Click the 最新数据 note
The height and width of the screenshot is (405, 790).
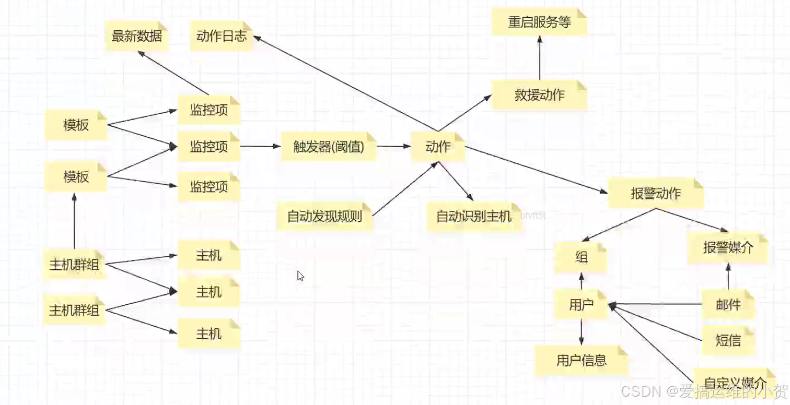137,36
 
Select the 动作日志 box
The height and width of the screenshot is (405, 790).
222,36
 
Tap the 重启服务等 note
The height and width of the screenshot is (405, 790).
539,22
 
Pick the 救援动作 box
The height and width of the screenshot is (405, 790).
539,95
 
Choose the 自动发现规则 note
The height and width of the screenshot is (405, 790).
324,216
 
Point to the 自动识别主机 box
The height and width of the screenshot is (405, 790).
473,216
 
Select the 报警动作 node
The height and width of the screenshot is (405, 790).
656,194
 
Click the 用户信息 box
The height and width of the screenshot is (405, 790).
582,360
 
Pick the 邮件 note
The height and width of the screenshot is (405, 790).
728,304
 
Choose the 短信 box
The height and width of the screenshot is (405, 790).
728,340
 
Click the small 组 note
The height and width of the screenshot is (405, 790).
581,257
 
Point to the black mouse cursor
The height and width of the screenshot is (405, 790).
300,275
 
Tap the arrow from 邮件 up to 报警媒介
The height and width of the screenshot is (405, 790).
728,277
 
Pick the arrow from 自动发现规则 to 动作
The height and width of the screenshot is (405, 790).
405,188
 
